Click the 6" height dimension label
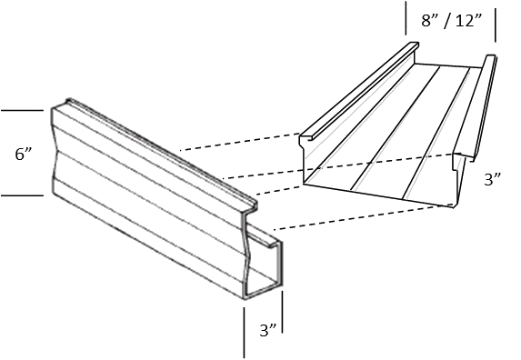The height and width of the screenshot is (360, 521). (x=24, y=155)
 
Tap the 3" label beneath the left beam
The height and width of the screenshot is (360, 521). (x=268, y=330)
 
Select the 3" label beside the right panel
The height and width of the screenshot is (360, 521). (x=493, y=179)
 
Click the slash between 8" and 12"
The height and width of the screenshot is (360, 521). (x=447, y=21)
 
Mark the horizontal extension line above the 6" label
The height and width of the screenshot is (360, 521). (x=23, y=110)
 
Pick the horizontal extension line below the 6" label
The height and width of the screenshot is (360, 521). (x=23, y=195)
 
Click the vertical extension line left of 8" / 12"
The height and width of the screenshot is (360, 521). (x=406, y=18)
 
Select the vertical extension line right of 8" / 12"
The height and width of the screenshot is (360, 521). (x=496, y=25)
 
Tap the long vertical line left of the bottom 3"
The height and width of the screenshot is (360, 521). (x=245, y=333)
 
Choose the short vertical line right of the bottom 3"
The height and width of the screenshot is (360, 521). (x=283, y=312)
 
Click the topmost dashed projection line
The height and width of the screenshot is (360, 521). (x=240, y=142)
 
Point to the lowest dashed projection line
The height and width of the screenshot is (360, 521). (x=363, y=217)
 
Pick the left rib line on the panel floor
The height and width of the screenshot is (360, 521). (x=396, y=128)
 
